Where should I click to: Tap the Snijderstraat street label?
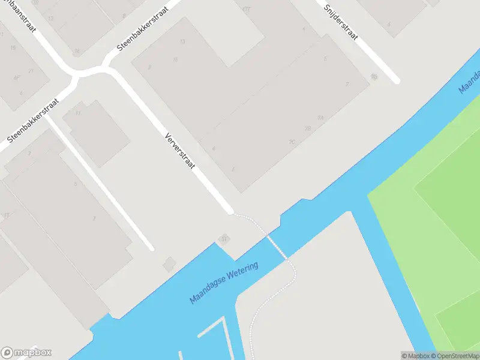341,22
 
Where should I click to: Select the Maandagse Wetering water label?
224,282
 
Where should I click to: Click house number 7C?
292,142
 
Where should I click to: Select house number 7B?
308,128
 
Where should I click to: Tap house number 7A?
321,118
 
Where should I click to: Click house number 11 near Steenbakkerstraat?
78,112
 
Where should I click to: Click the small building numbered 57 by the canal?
225,239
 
